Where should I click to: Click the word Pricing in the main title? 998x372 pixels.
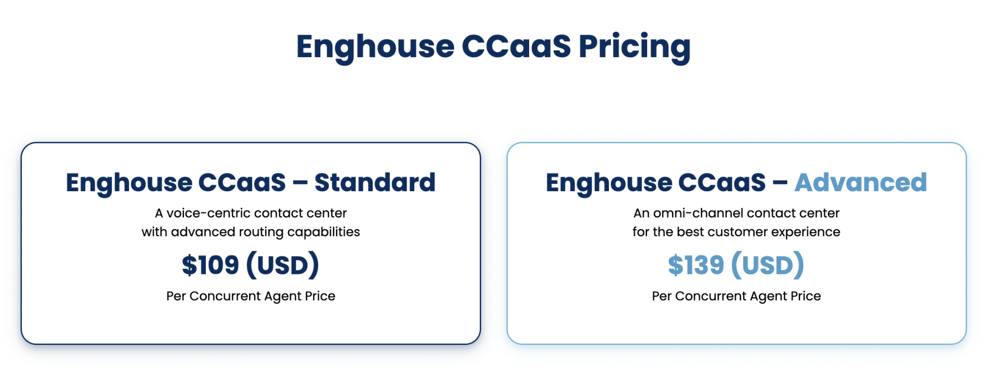pyautogui.click(x=635, y=47)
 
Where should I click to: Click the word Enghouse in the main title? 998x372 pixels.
pyautogui.click(x=375, y=47)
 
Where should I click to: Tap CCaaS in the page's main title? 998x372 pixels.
pyautogui.click(x=516, y=46)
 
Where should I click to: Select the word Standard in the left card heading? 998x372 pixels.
pyautogui.click(x=375, y=182)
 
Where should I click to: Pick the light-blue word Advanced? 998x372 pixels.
pyautogui.click(x=861, y=182)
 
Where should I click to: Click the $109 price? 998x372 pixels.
pyautogui.click(x=210, y=265)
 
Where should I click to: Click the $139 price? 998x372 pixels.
pyautogui.click(x=696, y=265)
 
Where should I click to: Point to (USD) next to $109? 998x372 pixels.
pyautogui.click(x=283, y=265)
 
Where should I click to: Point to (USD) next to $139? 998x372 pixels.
pyautogui.click(x=768, y=265)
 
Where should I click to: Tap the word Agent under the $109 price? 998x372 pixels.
pyautogui.click(x=283, y=297)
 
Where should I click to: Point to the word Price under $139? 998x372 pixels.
pyautogui.click(x=806, y=296)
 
